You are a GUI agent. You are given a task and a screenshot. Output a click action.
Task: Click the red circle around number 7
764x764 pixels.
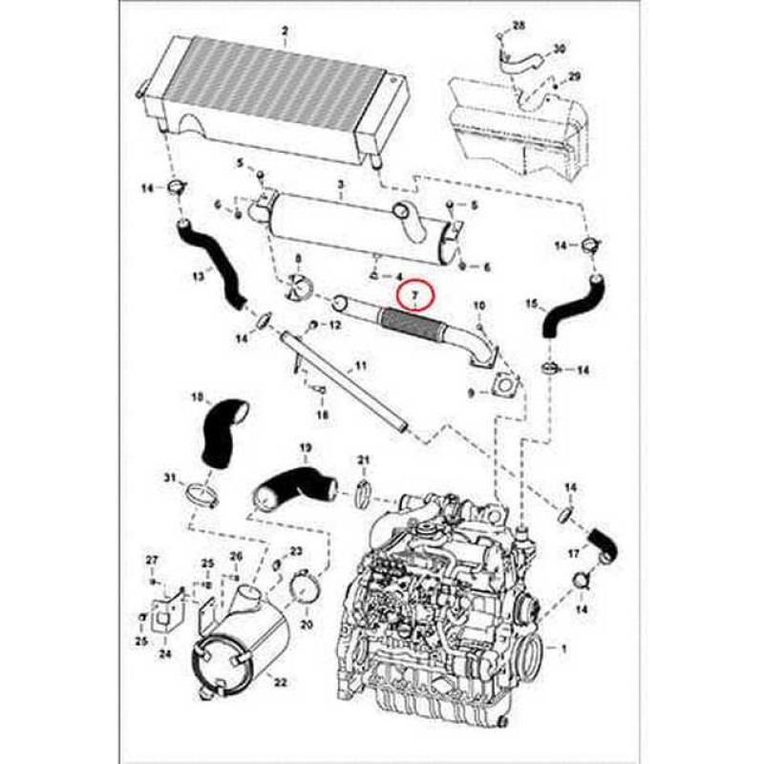pos(415,298)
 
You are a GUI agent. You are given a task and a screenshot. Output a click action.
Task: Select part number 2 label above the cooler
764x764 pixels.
pos(284,32)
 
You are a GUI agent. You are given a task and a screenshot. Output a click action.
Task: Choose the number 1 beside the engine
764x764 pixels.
pos(563,648)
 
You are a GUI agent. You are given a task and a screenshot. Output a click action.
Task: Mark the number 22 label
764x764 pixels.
pos(279,681)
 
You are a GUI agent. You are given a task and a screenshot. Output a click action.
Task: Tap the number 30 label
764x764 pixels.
pos(561,48)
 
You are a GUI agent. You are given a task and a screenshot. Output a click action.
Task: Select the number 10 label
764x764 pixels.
pos(479,305)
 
